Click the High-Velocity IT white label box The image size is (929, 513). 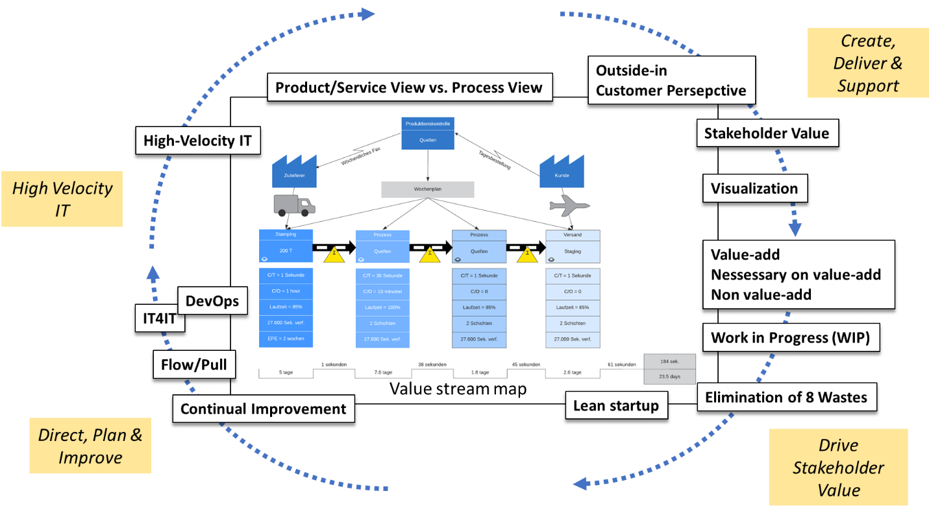point(197,140)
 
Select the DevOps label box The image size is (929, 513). point(212,302)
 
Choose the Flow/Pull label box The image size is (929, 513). point(193,364)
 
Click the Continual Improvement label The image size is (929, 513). point(263,409)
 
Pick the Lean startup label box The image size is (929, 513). point(615,406)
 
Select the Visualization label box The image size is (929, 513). point(754,189)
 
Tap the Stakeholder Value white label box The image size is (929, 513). point(767,134)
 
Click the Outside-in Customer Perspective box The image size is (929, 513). point(671,80)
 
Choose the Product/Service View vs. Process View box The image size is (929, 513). point(408,88)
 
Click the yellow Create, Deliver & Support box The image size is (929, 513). point(867,63)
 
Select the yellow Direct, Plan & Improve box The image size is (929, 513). point(91,446)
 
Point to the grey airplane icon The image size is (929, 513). point(569,206)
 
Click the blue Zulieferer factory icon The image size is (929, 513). point(293,171)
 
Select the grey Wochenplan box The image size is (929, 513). point(427,189)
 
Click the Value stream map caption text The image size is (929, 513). point(458,388)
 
